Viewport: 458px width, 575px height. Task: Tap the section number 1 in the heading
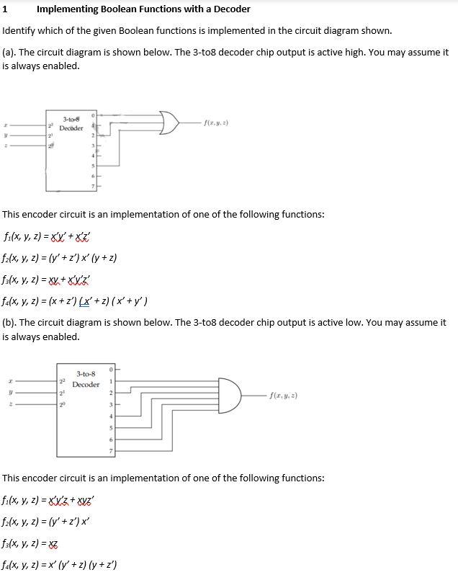pos(5,9)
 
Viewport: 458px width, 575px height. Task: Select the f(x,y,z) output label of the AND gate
pos(283,395)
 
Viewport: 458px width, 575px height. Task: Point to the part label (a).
pos(10,53)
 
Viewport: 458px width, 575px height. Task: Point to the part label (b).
pos(10,322)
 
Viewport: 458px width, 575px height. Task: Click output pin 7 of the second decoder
pos(111,451)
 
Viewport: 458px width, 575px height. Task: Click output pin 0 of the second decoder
pos(111,370)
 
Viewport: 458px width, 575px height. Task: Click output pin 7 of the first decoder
pos(93,187)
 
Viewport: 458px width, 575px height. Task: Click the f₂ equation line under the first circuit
pos(60,257)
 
